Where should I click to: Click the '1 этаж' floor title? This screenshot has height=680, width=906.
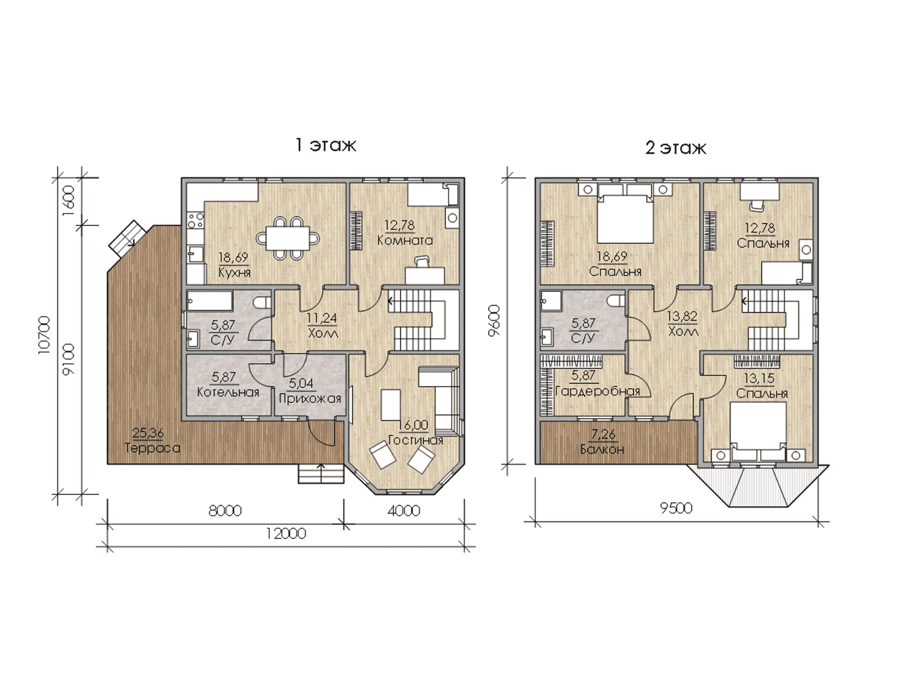pyautogui.click(x=326, y=145)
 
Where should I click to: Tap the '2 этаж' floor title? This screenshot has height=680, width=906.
pyautogui.click(x=676, y=147)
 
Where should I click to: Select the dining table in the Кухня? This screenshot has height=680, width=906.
pyautogui.click(x=288, y=238)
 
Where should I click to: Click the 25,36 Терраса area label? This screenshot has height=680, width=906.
pyautogui.click(x=152, y=441)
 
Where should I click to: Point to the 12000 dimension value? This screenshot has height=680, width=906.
pyautogui.click(x=286, y=534)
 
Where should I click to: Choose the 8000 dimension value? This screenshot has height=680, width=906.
pyautogui.click(x=225, y=511)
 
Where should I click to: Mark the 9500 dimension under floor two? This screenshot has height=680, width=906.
pyautogui.click(x=676, y=508)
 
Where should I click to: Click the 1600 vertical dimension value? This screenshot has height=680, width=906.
pyautogui.click(x=69, y=201)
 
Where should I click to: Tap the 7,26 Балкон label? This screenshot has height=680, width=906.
pyautogui.click(x=602, y=442)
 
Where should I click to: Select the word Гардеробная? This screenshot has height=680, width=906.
pyautogui.click(x=598, y=391)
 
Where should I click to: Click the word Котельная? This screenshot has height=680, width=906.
pyautogui.click(x=228, y=392)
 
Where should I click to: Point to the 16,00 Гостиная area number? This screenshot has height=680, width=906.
pyautogui.click(x=413, y=425)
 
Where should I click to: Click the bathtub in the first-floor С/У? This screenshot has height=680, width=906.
pyautogui.click(x=210, y=300)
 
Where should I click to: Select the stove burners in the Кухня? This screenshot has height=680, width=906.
pyautogui.click(x=195, y=220)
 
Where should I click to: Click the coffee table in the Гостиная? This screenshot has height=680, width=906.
pyautogui.click(x=391, y=405)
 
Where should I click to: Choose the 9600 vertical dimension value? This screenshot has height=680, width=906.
pyautogui.click(x=494, y=320)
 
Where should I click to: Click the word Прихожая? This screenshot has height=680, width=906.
pyautogui.click(x=310, y=399)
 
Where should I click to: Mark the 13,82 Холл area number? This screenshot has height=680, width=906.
pyautogui.click(x=682, y=316)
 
